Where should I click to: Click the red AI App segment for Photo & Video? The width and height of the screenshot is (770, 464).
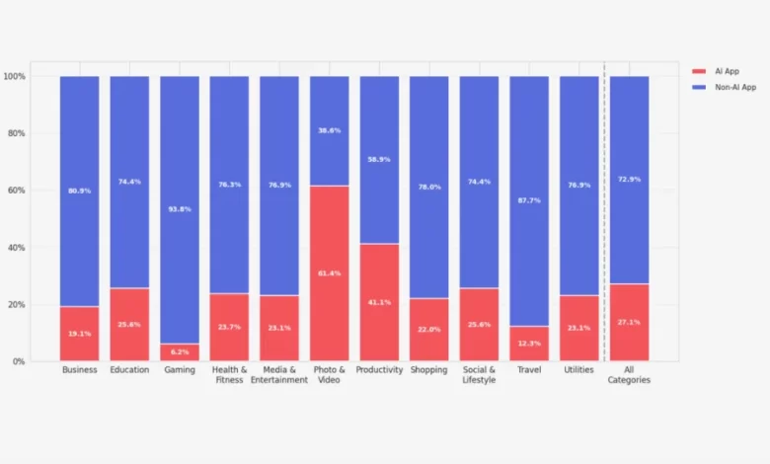pyautogui.click(x=330, y=272)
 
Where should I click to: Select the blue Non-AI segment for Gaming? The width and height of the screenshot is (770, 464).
pyautogui.click(x=180, y=209)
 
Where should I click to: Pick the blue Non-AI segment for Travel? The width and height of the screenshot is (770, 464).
pyautogui.click(x=529, y=200)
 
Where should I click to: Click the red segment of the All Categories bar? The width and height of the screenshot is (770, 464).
pyautogui.click(x=629, y=322)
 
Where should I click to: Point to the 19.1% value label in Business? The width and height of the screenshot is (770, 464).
pyautogui.click(x=79, y=334)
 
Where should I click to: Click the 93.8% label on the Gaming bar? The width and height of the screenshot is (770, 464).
pyautogui.click(x=180, y=208)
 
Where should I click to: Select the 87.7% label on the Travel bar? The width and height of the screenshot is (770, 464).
pyautogui.click(x=529, y=200)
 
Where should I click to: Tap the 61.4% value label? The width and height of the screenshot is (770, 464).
pyautogui.click(x=330, y=272)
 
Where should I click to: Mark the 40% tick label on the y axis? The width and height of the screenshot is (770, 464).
pyautogui.click(x=16, y=248)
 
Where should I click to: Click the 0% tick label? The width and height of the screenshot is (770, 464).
pyautogui.click(x=19, y=361)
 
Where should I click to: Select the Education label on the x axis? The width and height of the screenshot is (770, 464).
pyautogui.click(x=129, y=370)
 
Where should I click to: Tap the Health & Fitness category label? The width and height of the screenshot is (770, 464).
pyautogui.click(x=229, y=374)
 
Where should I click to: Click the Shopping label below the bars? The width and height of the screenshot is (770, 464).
pyautogui.click(x=429, y=370)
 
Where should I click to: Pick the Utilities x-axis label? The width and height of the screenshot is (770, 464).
pyautogui.click(x=578, y=370)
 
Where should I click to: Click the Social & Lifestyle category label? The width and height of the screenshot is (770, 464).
pyautogui.click(x=479, y=374)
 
